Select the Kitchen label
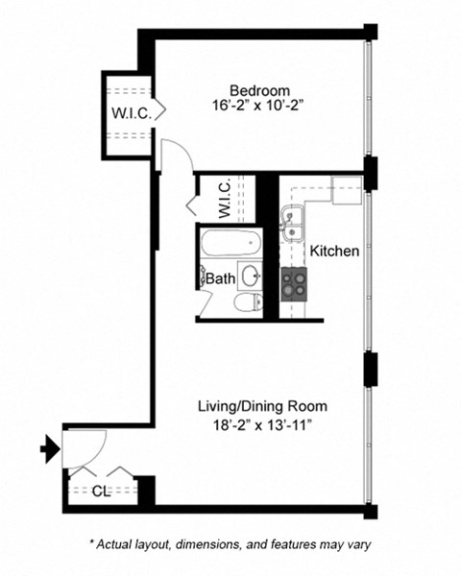334,252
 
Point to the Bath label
220,279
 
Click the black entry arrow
46,446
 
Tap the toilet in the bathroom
247,302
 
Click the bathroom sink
250,276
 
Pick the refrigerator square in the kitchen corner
346,189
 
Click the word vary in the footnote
354,543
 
